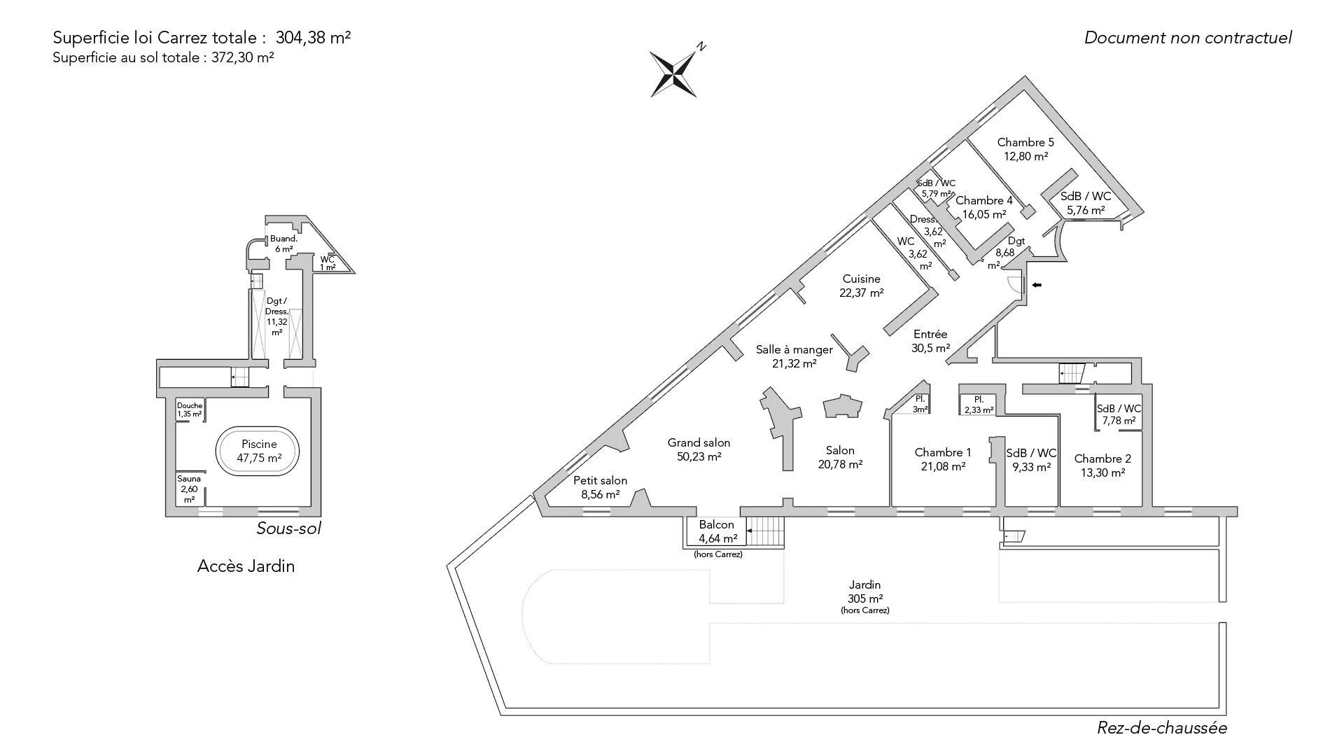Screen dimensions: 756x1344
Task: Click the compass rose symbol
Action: click(x=673, y=73)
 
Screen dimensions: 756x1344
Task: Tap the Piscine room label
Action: click(x=259, y=451)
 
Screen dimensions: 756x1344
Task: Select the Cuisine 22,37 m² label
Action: click(x=861, y=286)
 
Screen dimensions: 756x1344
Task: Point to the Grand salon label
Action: click(x=699, y=449)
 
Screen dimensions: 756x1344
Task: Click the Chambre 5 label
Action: click(x=1025, y=149)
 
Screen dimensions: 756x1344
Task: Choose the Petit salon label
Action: click(x=600, y=487)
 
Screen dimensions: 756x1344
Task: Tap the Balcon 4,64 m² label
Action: click(x=717, y=531)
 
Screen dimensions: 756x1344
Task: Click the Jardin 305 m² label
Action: click(x=864, y=591)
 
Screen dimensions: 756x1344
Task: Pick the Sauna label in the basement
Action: click(x=189, y=489)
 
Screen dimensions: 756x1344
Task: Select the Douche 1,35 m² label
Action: click(x=189, y=409)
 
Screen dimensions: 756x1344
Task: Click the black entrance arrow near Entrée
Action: click(x=1037, y=285)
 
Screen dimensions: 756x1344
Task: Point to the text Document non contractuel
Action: click(x=1188, y=38)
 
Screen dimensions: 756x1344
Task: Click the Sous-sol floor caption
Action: click(x=288, y=528)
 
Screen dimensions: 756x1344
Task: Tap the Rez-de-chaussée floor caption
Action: click(x=1161, y=728)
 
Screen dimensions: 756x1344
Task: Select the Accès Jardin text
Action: click(x=246, y=566)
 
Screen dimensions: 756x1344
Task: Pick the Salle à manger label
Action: click(x=794, y=356)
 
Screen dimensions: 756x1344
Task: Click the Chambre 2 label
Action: click(x=1102, y=465)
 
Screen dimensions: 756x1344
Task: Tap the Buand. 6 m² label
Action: click(x=283, y=244)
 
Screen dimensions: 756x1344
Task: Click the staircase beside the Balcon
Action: click(x=765, y=532)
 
